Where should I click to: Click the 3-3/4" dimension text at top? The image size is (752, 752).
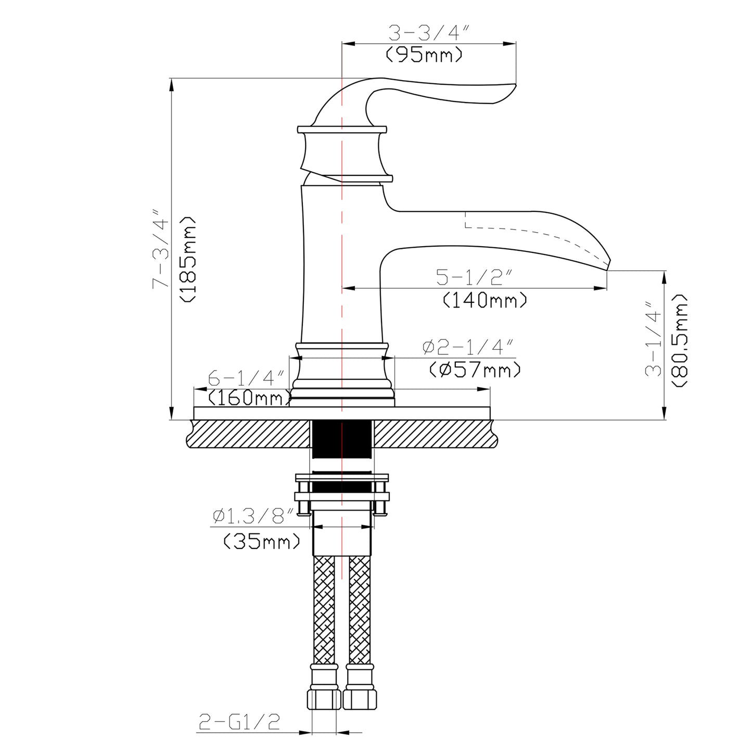tap(429, 34)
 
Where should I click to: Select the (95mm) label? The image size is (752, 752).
tap(424, 54)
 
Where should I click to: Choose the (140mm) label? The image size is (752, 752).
tap(485, 300)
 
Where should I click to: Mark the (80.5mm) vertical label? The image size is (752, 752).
tap(680, 340)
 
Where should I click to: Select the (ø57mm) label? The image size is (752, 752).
tap(475, 370)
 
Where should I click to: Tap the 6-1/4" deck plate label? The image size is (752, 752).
tap(246, 377)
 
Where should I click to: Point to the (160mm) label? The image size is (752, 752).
tap(249, 398)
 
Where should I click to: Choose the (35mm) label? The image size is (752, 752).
tap(262, 542)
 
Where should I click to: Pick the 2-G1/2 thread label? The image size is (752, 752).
tap(239, 722)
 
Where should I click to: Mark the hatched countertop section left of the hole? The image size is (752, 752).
tap(250, 434)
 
